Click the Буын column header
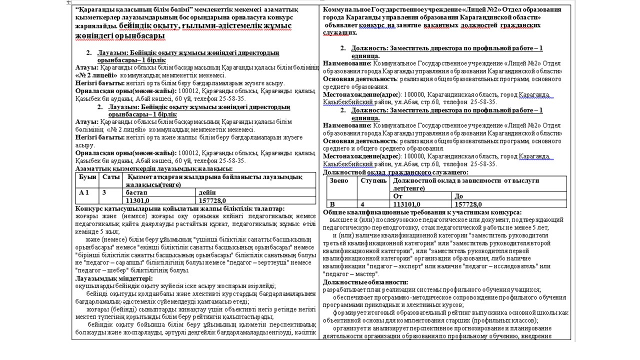(87, 177)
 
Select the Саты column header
(111, 177)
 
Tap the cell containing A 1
(84, 192)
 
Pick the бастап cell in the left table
(136, 192)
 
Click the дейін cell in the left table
(207, 192)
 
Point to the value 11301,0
(138, 200)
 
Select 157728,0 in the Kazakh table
(213, 200)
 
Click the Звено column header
(338, 180)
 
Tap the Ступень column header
(373, 180)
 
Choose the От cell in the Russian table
(398, 196)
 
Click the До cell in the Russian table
(459, 196)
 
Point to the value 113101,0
(407, 204)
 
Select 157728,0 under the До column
(468, 204)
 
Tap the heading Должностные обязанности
(365, 282)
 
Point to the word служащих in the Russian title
(340, 32)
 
